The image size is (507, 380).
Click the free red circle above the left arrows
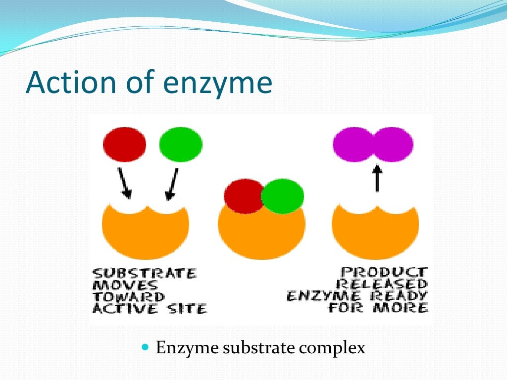pyautogui.click(x=125, y=144)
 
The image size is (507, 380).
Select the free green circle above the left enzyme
pyautogui.click(x=181, y=144)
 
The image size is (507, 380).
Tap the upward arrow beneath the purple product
pyautogui.click(x=376, y=178)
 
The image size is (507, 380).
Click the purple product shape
pyautogui.click(x=373, y=144)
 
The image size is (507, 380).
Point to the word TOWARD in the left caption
pyautogui.click(x=129, y=297)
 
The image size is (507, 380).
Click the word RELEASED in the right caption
pyautogui.click(x=382, y=285)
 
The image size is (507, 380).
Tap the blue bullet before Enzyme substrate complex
pyautogui.click(x=145, y=347)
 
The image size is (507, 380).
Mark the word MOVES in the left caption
pyautogui.click(x=125, y=285)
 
